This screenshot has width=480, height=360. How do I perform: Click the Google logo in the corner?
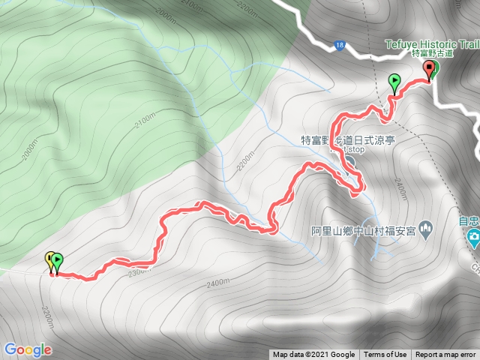[27, 349]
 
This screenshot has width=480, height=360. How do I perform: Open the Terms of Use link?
[385, 355]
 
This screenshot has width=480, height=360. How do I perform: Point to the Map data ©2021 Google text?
[313, 355]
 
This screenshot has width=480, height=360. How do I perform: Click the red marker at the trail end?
[430, 70]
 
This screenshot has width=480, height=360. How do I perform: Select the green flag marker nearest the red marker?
[394, 81]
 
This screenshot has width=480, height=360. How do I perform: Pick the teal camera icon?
[473, 239]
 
